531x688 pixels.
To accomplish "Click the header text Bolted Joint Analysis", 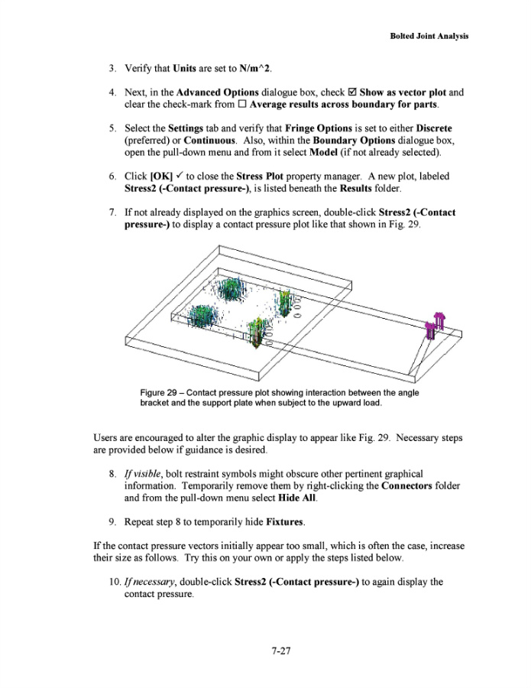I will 429,36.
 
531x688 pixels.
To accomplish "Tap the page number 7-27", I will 280,652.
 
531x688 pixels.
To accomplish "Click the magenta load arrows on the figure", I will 435,325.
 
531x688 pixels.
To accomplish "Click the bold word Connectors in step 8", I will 411,485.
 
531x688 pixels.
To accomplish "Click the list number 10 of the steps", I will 113,582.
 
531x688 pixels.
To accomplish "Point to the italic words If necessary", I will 151,582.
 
